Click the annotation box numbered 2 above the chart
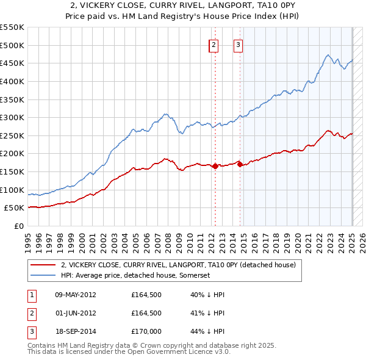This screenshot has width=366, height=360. [x=214, y=45]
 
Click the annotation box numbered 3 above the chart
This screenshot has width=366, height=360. [x=238, y=45]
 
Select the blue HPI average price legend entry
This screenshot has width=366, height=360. [x=143, y=276]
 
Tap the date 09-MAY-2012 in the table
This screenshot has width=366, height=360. [x=75, y=295]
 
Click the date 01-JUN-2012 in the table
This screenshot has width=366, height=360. [x=75, y=313]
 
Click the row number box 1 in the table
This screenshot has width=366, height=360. [x=31, y=295]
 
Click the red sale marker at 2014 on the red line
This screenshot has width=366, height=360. [x=240, y=164]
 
